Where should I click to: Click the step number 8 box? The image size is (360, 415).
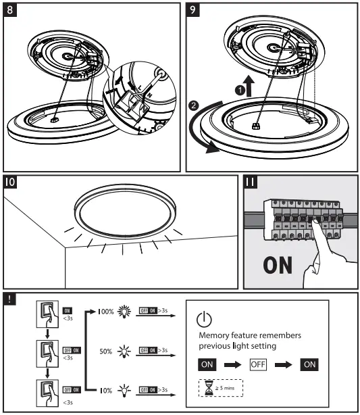[x=11, y=11]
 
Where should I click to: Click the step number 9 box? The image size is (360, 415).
[x=194, y=11]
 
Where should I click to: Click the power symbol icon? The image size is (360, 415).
[x=205, y=320]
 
